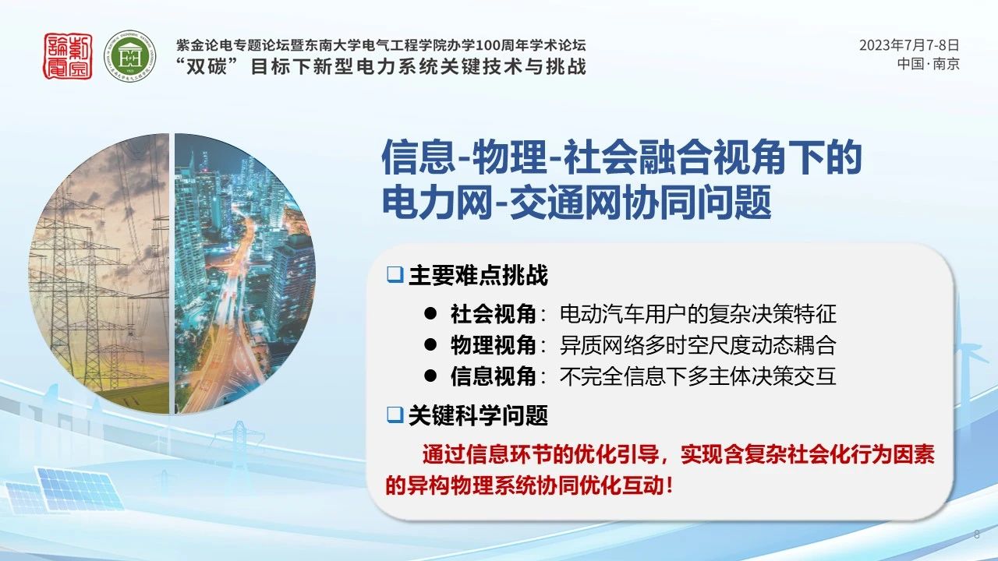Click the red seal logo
tap(68, 56)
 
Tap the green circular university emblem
tap(130, 56)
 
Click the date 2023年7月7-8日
tap(909, 45)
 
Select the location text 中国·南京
tap(928, 64)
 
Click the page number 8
tap(977, 535)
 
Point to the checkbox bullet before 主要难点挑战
tap(395, 275)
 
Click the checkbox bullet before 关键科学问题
tap(395, 415)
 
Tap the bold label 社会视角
tap(493, 314)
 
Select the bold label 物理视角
tap(493, 345)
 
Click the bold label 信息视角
tap(493, 376)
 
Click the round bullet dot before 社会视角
tap(430, 314)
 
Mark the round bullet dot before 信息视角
tap(430, 376)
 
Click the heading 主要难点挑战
tap(478, 275)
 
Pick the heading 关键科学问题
tap(478, 415)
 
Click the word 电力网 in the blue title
tap(438, 203)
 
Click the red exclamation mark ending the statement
tap(669, 485)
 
